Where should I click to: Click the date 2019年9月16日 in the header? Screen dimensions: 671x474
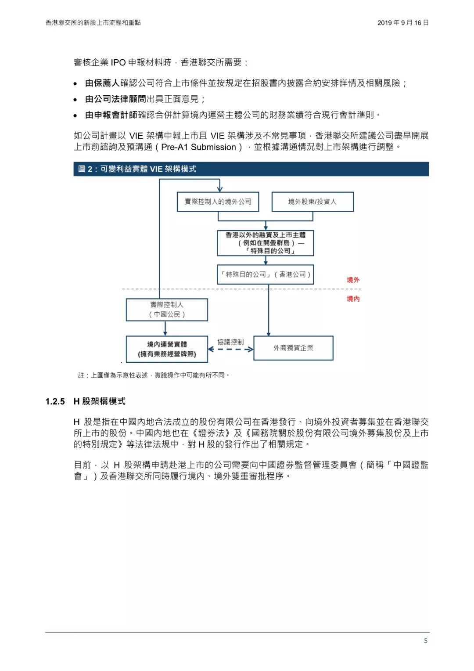tap(402, 23)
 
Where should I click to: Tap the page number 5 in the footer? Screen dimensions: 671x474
tap(425, 641)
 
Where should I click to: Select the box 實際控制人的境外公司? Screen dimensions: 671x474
tap(218, 202)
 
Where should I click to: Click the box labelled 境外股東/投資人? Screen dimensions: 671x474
tap(312, 202)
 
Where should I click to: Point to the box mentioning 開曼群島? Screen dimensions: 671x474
tap(266, 243)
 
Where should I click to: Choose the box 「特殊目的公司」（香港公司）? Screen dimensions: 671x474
tap(266, 274)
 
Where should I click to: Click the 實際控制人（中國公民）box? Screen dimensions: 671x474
tap(167, 310)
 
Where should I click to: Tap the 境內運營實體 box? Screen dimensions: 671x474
tap(167, 349)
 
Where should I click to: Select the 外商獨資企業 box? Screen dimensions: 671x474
tap(293, 348)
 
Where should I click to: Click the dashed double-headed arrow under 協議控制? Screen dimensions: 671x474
tap(230, 350)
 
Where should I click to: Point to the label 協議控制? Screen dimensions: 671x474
tap(230, 342)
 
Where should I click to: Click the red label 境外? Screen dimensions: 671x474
tap(353, 280)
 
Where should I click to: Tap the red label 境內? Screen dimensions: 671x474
tap(353, 299)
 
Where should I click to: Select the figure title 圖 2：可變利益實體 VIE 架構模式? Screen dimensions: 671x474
tap(137, 169)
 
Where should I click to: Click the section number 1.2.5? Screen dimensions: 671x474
tap(55, 401)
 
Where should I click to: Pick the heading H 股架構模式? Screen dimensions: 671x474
tap(100, 401)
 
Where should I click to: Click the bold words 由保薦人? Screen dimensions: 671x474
tap(102, 83)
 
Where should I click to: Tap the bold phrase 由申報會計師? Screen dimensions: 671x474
tap(111, 115)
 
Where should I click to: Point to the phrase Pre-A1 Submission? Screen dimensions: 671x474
tap(198, 147)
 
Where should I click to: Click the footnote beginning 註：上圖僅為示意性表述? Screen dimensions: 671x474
tap(154, 375)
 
